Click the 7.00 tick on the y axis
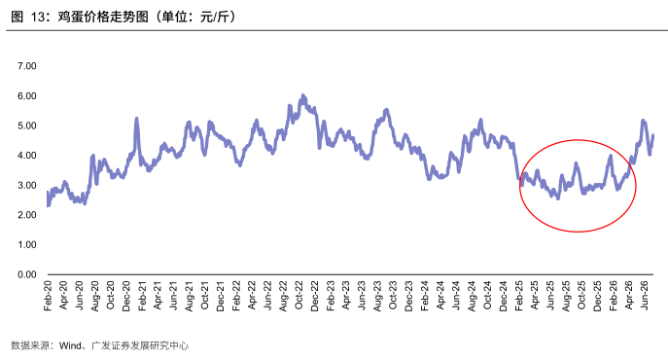click(x=27, y=66)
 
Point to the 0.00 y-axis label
click(x=27, y=274)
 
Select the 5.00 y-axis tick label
click(x=27, y=126)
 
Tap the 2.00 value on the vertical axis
click(x=27, y=215)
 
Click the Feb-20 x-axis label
click(x=48, y=296)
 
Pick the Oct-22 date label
click(x=299, y=296)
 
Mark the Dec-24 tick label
click(x=503, y=296)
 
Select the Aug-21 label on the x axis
click(x=189, y=296)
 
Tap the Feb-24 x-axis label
click(x=424, y=296)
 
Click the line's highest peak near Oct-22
click(x=303, y=95)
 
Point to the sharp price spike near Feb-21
click(x=137, y=118)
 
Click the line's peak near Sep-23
click(x=386, y=110)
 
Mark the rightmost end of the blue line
click(x=653, y=135)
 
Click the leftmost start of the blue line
click(x=48, y=193)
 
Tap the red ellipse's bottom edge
click(x=578, y=232)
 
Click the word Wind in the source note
click(x=70, y=345)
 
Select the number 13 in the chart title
click(x=38, y=18)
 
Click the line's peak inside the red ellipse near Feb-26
click(x=611, y=156)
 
